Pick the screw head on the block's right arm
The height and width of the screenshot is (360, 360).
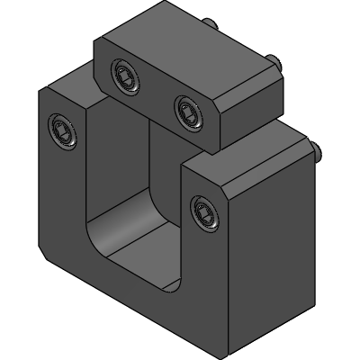(x=202, y=213)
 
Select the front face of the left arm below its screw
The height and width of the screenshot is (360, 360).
(x=63, y=198)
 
